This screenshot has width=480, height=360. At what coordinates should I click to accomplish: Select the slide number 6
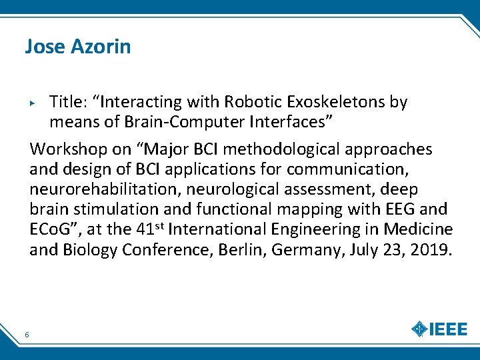point(26,334)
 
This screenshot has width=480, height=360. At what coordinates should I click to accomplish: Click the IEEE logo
point(441,329)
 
